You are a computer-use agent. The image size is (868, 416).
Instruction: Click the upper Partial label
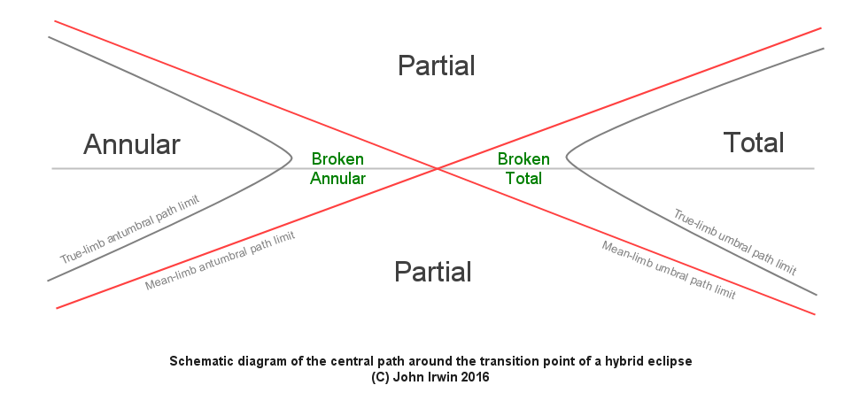(436, 65)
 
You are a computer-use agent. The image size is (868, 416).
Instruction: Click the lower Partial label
(432, 273)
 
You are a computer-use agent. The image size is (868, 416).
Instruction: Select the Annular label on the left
(132, 144)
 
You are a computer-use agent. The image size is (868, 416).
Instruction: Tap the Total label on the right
(754, 143)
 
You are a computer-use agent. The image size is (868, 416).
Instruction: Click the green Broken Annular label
(337, 168)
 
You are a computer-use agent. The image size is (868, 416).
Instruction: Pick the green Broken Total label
(523, 168)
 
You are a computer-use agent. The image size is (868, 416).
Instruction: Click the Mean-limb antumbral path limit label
(220, 260)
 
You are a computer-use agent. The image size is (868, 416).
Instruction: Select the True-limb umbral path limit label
(735, 243)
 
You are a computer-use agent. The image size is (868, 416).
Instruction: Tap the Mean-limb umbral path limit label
(669, 270)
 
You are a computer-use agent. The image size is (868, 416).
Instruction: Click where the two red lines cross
(437, 168)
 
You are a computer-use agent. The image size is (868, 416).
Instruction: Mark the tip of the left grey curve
(291, 159)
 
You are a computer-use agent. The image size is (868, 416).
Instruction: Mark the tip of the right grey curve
(567, 160)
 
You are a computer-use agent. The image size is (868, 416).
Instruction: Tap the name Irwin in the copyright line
(462, 377)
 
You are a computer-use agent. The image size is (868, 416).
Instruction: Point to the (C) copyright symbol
(384, 377)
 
